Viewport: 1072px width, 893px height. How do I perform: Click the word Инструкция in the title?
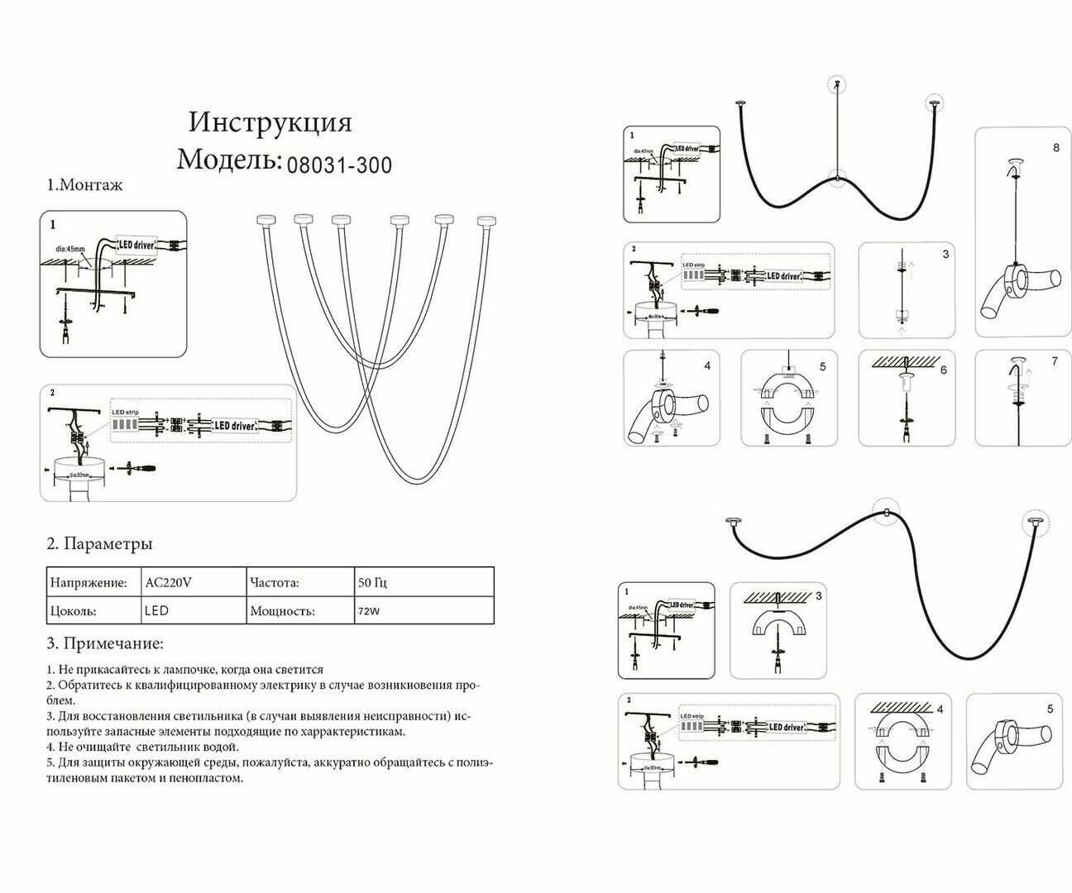point(270,122)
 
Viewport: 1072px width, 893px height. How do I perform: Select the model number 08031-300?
point(339,165)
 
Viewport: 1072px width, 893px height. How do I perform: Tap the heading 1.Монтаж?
point(84,185)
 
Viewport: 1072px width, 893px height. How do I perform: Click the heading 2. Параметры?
point(99,544)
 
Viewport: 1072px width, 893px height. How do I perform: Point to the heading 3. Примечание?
point(104,643)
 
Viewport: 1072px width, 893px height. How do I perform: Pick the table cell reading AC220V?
point(168,582)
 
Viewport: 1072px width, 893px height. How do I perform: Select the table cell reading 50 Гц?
point(373,582)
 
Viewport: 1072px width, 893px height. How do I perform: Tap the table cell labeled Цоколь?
point(74,612)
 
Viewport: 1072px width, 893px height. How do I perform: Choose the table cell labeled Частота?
point(274,582)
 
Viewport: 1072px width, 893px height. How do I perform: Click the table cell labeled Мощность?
point(282,612)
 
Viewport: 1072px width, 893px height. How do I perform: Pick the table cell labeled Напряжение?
point(89,582)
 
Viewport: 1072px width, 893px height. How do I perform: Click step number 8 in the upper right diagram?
point(1056,148)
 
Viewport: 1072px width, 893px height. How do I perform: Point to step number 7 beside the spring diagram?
point(1055,362)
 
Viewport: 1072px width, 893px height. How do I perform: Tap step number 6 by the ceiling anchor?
point(943,370)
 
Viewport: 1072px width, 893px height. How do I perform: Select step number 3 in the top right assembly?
point(945,255)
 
